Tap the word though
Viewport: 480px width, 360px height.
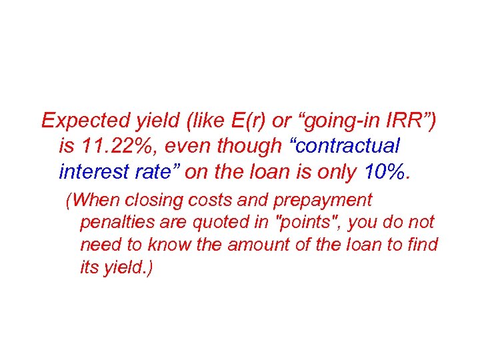point(233,146)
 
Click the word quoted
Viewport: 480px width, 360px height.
point(221,223)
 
